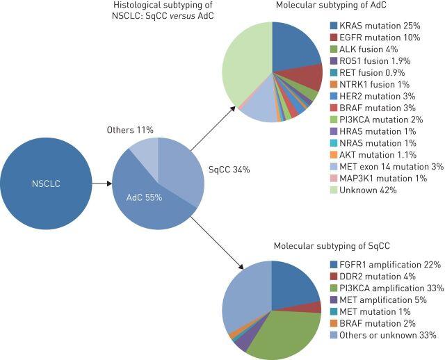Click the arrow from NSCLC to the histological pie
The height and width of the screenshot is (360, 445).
pos(102,183)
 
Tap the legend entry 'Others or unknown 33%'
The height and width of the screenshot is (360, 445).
pos(383,336)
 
